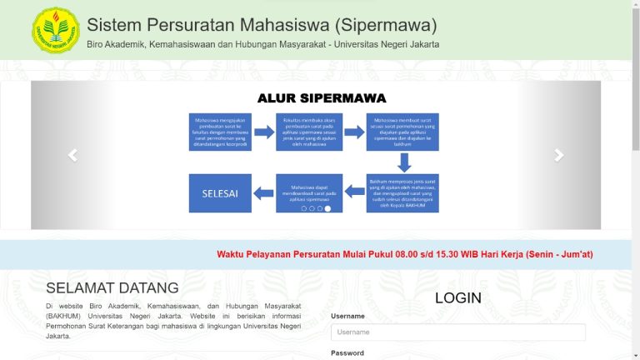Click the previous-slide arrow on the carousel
coord(72,155)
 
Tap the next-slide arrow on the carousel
coord(559,155)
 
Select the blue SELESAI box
coord(220,193)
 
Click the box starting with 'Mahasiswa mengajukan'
coord(220,132)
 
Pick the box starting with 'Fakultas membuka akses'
coord(309,132)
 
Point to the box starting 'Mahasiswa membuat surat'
coord(402,132)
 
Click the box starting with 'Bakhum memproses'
coord(402,193)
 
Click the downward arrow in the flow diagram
coord(403,162)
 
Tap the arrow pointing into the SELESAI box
coord(264,194)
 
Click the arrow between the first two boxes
coord(264,132)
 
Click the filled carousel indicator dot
coord(327,209)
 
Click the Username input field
coord(457,332)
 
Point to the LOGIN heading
coord(457,298)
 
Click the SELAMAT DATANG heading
coord(112,288)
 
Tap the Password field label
coord(347,353)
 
